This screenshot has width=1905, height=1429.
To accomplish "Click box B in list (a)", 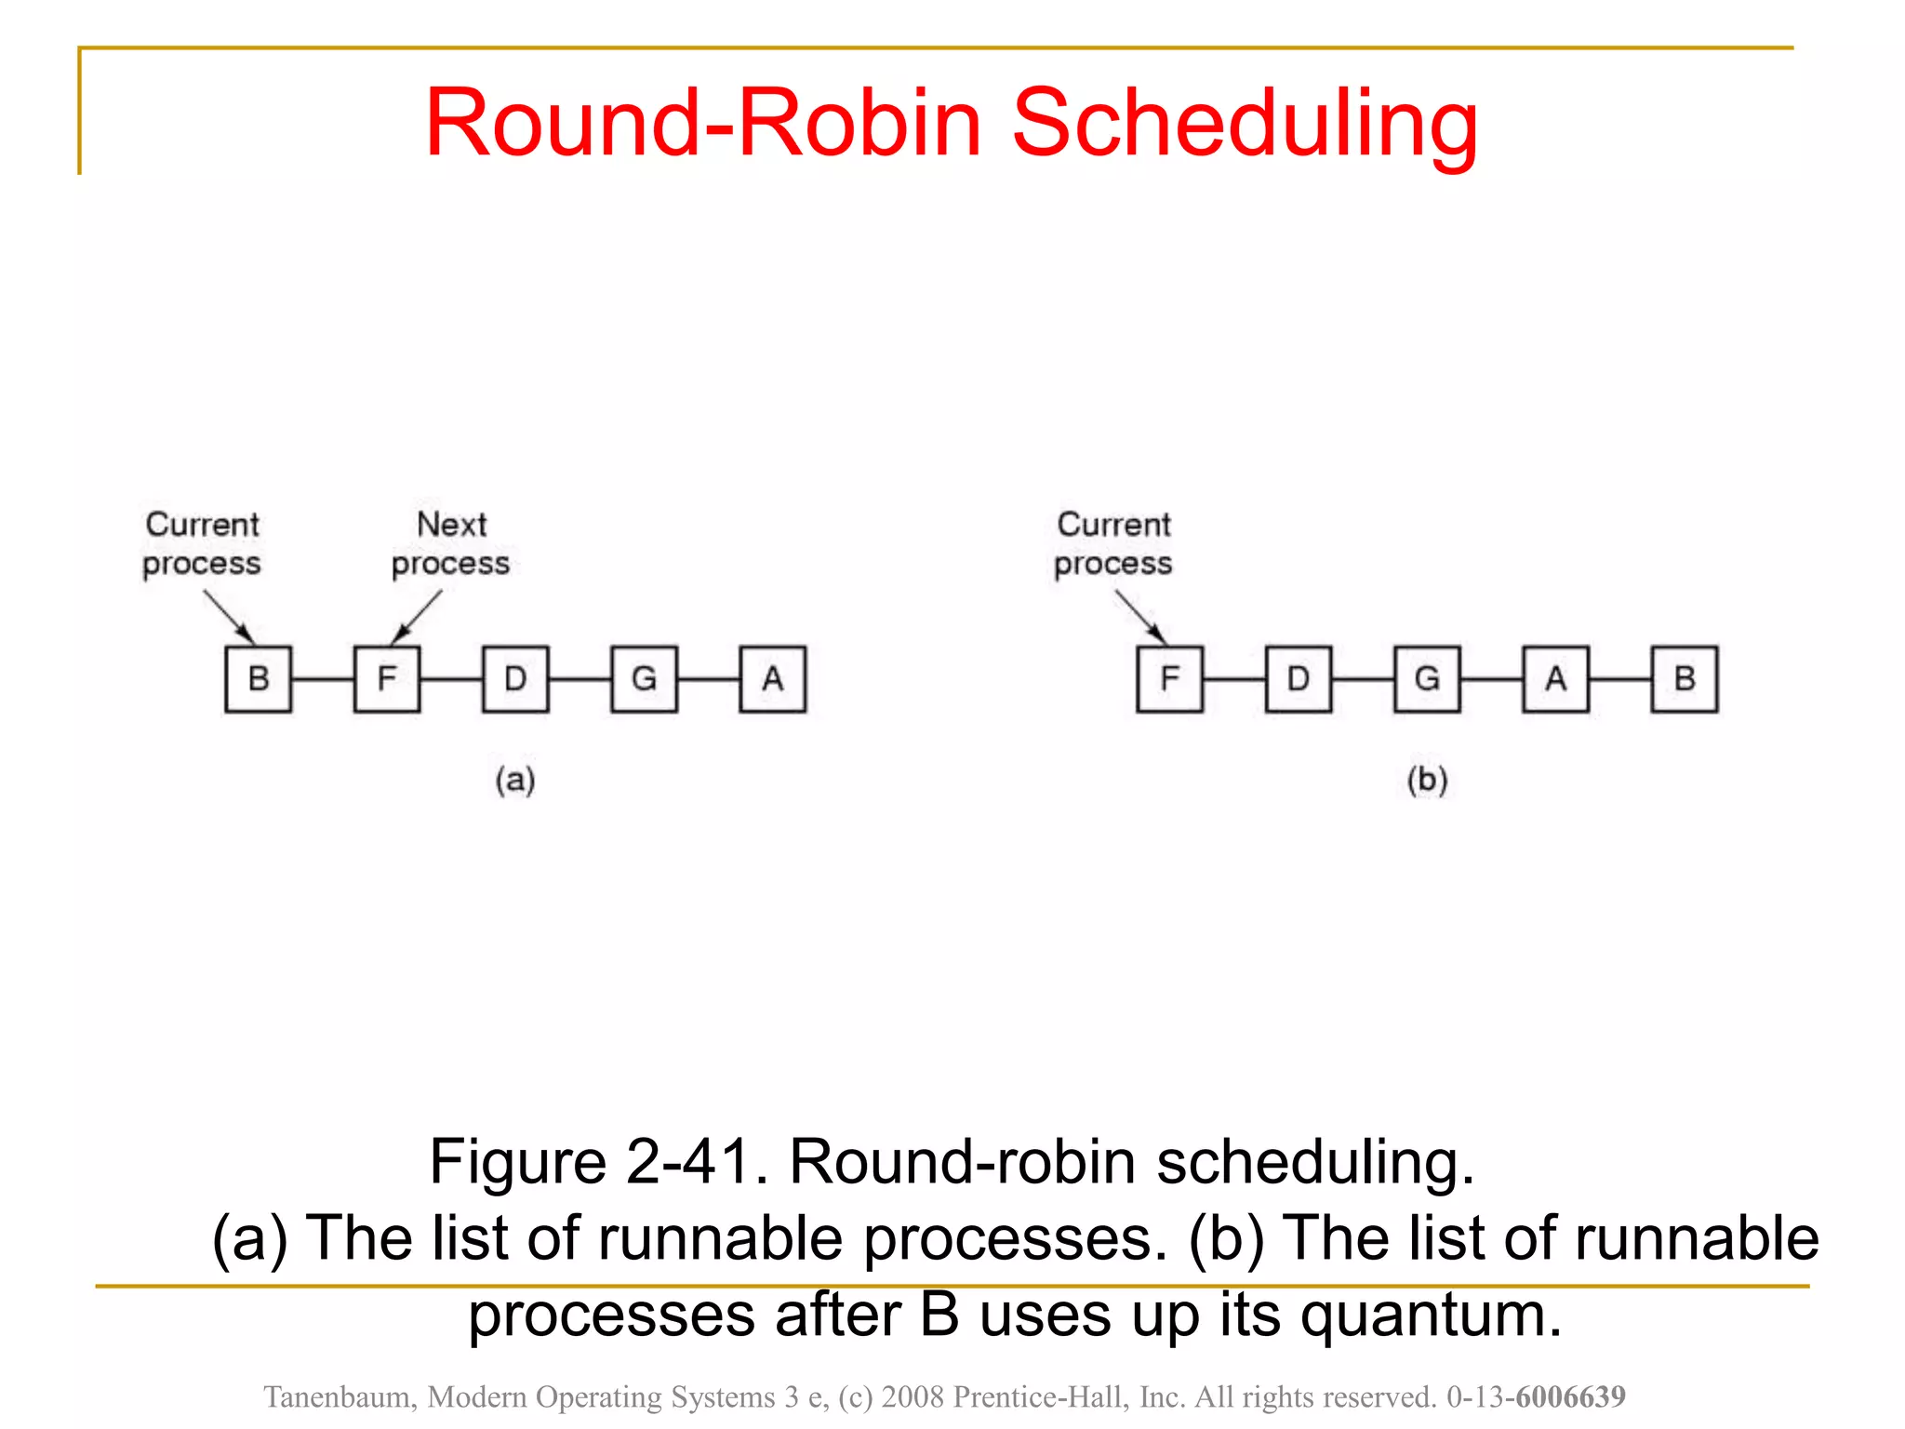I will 258,679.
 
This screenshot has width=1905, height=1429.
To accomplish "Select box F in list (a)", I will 387,679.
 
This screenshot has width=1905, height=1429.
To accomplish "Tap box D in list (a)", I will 515,679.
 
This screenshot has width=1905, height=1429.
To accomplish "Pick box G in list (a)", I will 644,679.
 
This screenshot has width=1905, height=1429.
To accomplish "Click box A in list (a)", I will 772,679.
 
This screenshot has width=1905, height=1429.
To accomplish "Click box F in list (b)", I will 1169,679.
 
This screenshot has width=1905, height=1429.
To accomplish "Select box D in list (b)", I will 1299,679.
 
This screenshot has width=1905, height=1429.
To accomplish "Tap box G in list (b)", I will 1427,679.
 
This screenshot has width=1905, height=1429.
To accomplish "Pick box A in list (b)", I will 1555,679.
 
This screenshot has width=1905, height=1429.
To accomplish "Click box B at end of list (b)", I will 1685,679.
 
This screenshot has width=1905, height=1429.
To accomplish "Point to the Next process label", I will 451,544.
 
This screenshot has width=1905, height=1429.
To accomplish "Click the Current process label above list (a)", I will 202,544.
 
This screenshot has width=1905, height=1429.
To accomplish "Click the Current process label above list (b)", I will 1113,544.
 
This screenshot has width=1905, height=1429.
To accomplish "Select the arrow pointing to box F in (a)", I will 416,618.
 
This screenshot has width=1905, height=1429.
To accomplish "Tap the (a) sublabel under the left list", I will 515,780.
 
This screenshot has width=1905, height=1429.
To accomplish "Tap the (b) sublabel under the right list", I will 1427,780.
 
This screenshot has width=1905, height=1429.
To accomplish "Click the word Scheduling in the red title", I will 1244,123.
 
